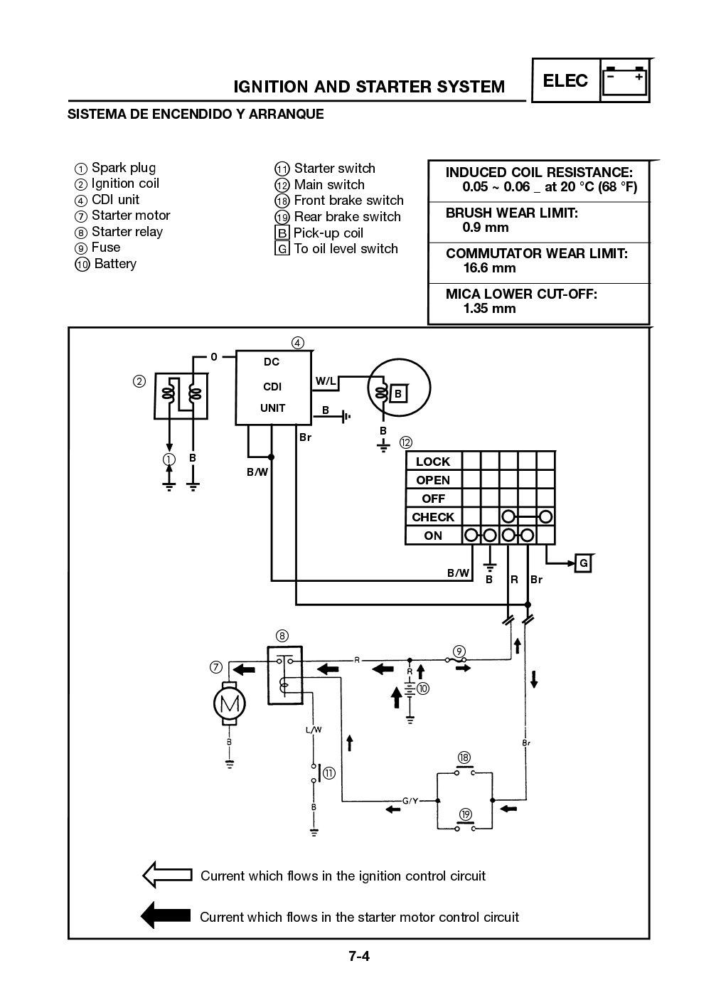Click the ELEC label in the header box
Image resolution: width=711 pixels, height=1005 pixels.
pos(565,80)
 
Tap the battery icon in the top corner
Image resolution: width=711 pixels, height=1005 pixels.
pos(625,80)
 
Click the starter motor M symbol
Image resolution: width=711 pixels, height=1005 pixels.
pos(229,704)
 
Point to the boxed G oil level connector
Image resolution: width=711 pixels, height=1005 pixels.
pos(584,563)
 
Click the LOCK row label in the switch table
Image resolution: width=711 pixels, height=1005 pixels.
pos(433,462)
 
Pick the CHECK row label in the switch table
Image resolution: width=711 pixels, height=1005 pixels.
pos(433,517)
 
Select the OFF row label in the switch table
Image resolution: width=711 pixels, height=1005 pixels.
pos(433,499)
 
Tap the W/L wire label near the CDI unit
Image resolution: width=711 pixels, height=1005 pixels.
pos(326,381)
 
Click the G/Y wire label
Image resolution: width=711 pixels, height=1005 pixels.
pos(410,801)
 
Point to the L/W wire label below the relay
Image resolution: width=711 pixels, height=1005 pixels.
pos(314,730)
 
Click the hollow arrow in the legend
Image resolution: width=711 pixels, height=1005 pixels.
pos(168,875)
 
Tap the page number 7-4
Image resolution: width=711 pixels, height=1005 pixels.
pos(359,956)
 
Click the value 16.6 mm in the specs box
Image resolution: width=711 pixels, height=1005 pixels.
pos(489,268)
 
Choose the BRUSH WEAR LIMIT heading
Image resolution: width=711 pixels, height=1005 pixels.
pos(511,213)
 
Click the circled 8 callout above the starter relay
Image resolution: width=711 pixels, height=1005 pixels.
pos(282,635)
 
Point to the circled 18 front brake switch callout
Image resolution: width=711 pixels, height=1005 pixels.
pos(464,757)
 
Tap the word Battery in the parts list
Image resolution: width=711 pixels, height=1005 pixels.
pos(114,264)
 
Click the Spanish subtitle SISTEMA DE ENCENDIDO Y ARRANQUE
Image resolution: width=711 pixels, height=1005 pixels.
pos(196,114)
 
